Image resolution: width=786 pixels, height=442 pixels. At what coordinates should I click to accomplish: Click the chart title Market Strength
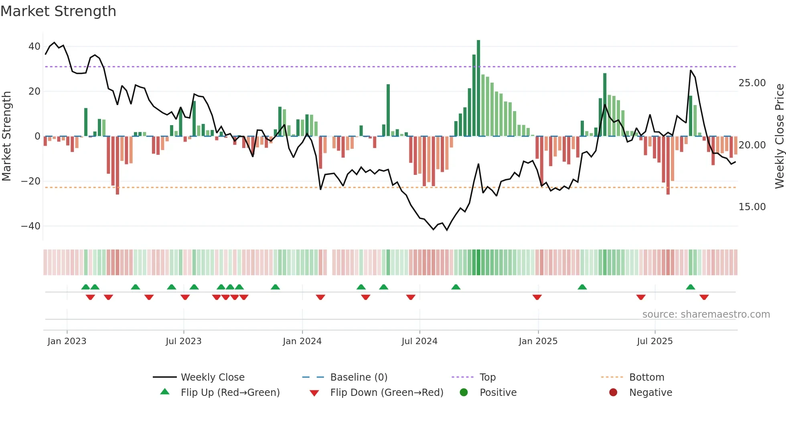(x=58, y=11)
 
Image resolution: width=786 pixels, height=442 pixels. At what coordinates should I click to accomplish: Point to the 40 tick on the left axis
(x=34, y=47)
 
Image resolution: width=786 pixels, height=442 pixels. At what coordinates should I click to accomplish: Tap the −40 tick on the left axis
(x=31, y=226)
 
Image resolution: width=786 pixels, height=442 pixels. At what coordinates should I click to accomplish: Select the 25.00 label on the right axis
(x=752, y=83)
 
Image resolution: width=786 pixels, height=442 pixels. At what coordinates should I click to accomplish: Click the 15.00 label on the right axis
(x=752, y=207)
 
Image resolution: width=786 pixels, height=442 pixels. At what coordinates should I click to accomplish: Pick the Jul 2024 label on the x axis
(x=419, y=341)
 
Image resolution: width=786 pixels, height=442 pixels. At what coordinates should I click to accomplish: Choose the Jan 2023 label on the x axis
(x=67, y=341)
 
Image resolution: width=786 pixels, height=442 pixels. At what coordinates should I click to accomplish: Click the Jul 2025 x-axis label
(x=654, y=341)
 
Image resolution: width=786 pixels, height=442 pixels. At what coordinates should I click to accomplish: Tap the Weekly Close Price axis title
(x=779, y=136)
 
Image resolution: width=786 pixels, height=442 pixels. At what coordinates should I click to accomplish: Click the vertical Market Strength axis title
(x=6, y=136)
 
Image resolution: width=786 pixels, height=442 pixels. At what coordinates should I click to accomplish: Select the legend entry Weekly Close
(x=212, y=377)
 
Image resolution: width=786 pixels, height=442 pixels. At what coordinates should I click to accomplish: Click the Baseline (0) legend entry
(x=359, y=377)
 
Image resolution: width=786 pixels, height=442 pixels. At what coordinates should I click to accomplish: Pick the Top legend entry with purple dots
(x=487, y=377)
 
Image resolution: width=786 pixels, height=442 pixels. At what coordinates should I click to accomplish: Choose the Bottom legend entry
(x=646, y=377)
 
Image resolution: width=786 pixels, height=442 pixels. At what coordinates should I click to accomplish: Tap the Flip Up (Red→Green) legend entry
(x=230, y=393)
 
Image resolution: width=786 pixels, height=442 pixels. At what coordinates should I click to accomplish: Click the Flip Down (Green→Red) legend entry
(x=386, y=393)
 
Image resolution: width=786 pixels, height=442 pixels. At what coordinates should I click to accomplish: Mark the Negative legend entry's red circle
(x=613, y=393)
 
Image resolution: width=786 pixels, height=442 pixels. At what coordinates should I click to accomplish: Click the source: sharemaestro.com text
(x=706, y=314)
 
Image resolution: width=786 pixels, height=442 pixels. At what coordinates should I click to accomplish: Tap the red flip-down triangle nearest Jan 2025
(x=537, y=297)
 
